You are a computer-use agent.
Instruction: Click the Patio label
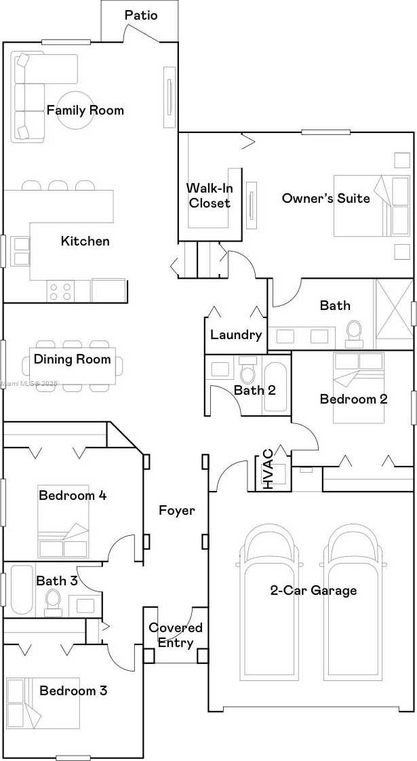pyautogui.click(x=141, y=15)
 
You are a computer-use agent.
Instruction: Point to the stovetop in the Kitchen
pyautogui.click(x=60, y=291)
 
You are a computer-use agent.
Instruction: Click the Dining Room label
pyautogui.click(x=73, y=359)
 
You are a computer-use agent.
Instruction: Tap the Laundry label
pyautogui.click(x=237, y=334)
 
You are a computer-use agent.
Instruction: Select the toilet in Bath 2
pyautogui.click(x=248, y=370)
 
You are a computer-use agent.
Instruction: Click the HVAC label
pyautogui.click(x=267, y=469)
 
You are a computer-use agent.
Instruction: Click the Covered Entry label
pyautogui.click(x=175, y=635)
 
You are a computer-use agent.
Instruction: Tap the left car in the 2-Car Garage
pyautogui.click(x=269, y=600)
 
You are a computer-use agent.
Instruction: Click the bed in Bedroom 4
pyautogui.click(x=64, y=522)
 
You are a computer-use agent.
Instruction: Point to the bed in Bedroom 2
pyautogui.click(x=359, y=387)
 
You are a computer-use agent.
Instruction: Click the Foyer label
pyautogui.click(x=177, y=511)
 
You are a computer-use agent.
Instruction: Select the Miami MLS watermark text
pyautogui.click(x=29, y=384)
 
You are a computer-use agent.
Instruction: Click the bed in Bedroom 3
pyautogui.click(x=43, y=703)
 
